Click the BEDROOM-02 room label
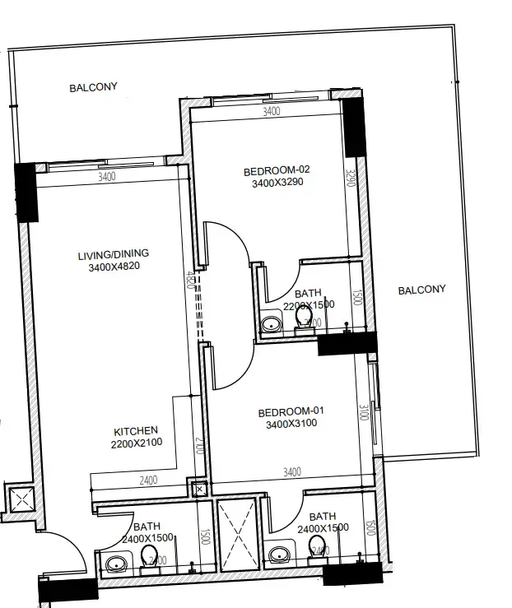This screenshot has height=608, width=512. tap(276, 171)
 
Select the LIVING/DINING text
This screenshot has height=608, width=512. tap(114, 253)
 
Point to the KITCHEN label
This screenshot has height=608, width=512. tap(136, 430)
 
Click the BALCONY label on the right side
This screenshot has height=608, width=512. tap(421, 290)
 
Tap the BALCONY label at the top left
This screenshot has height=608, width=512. tap(93, 86)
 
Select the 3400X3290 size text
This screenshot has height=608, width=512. tap(278, 183)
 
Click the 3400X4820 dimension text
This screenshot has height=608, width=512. tap(114, 267)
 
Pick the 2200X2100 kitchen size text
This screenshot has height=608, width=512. tap(136, 443)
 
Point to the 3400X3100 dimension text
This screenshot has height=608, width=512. tap(291, 425)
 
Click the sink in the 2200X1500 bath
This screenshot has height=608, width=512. tap(269, 325)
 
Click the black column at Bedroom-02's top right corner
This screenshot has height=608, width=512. tap(354, 128)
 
